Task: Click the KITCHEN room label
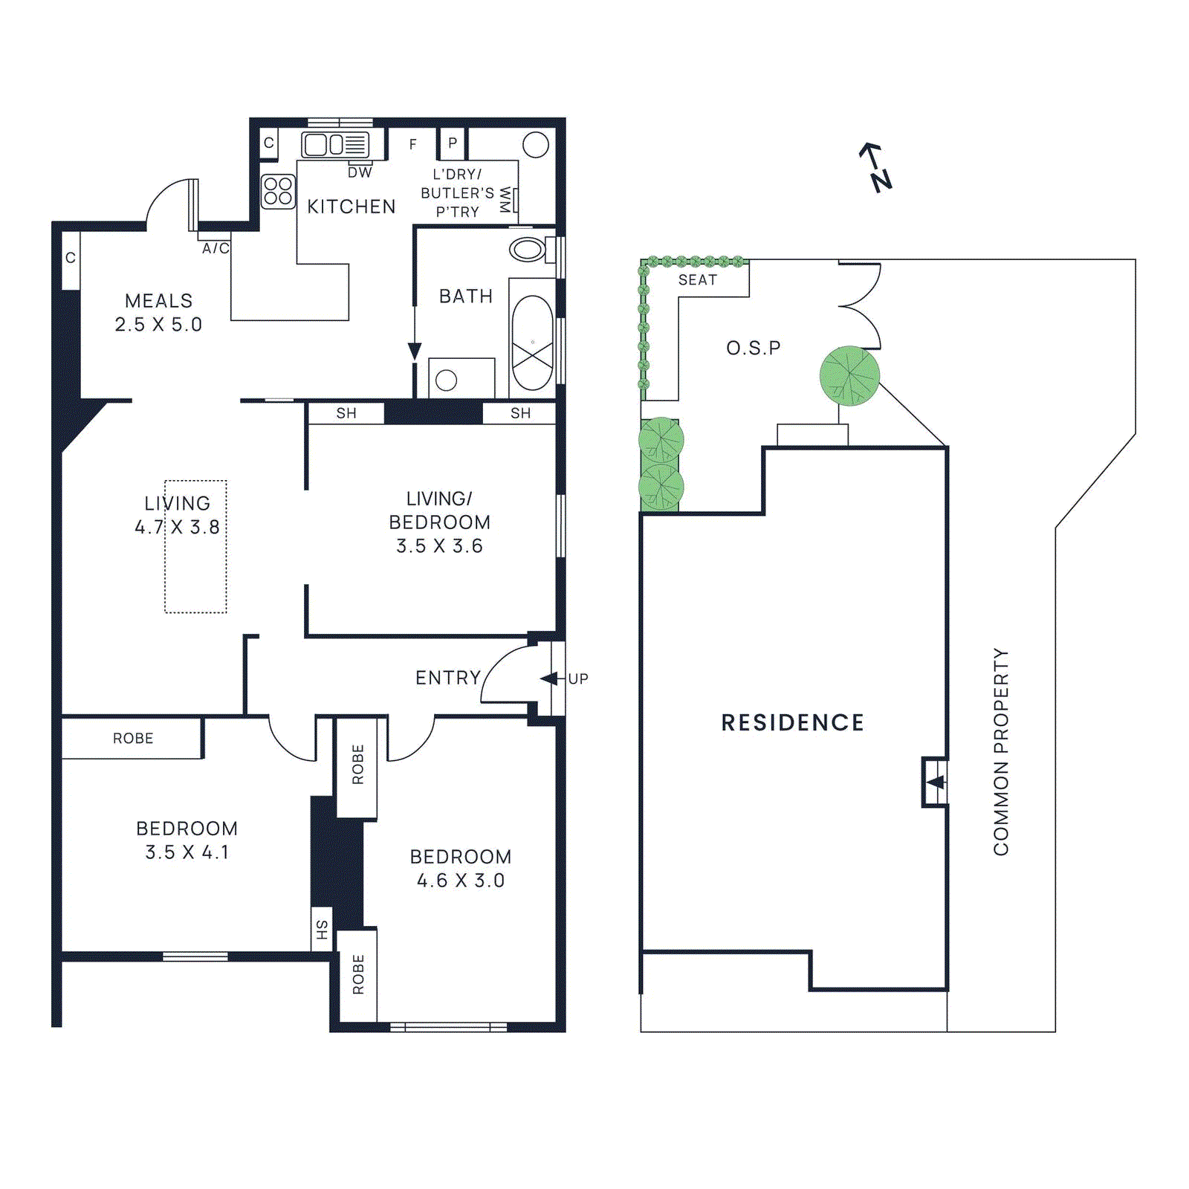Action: pos(351,207)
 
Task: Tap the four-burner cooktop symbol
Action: pos(278,191)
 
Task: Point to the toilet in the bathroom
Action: pos(528,250)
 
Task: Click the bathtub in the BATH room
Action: pos(533,343)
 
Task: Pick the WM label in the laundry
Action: pos(505,199)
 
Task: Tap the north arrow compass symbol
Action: pos(875,167)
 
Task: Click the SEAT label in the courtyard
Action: pos(697,280)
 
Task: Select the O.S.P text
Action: pos(753,348)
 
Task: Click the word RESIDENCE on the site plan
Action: pos(792,722)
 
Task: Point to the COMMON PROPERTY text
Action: pos(1001,751)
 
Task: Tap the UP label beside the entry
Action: pos(578,678)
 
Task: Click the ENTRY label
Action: pos(448,678)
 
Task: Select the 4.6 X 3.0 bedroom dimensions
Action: pos(461,881)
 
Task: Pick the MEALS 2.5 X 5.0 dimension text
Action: pos(158,324)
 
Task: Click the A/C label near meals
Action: pos(216,248)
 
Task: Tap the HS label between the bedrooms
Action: pos(322,929)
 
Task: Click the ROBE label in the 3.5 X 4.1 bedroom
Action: pos(133,738)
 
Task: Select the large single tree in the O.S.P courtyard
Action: pos(849,375)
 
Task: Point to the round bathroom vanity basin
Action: pos(446,380)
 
